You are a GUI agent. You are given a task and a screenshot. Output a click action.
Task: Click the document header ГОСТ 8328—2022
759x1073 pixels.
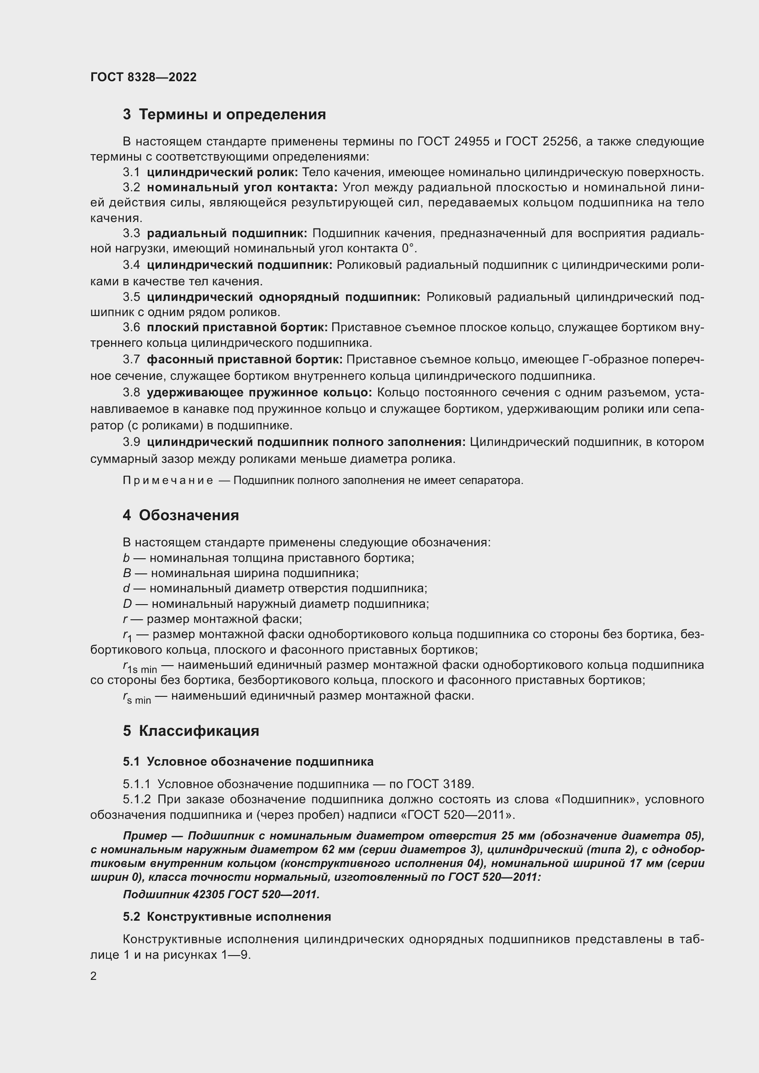coord(144,77)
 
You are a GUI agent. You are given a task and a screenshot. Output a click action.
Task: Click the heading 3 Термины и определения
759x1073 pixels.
coord(224,115)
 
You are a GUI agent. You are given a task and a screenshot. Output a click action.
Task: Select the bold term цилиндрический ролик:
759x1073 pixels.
coord(222,172)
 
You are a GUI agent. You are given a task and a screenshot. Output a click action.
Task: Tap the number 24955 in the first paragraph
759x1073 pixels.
coord(472,142)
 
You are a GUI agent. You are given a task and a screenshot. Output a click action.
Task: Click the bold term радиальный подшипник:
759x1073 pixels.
coord(227,233)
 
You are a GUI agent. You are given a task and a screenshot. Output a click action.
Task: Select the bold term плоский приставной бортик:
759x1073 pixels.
coord(237,328)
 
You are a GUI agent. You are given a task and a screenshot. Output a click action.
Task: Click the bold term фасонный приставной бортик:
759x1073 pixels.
coord(245,360)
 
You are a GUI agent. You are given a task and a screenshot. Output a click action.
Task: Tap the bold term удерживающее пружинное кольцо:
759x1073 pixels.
coord(259,393)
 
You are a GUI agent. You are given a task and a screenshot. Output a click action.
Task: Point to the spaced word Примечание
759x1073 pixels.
coord(168,480)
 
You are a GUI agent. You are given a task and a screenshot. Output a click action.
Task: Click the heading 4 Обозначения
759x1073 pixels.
coord(181,516)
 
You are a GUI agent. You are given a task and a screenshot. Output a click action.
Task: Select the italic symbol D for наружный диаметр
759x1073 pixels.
coord(127,604)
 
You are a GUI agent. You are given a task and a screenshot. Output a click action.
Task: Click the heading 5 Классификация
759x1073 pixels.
coord(191,731)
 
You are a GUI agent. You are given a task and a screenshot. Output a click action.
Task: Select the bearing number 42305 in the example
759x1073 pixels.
coord(209,895)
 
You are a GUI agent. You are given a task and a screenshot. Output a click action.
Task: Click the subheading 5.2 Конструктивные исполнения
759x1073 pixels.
coord(227,917)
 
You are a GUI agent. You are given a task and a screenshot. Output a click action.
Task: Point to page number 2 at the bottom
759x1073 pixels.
coord(94,976)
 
